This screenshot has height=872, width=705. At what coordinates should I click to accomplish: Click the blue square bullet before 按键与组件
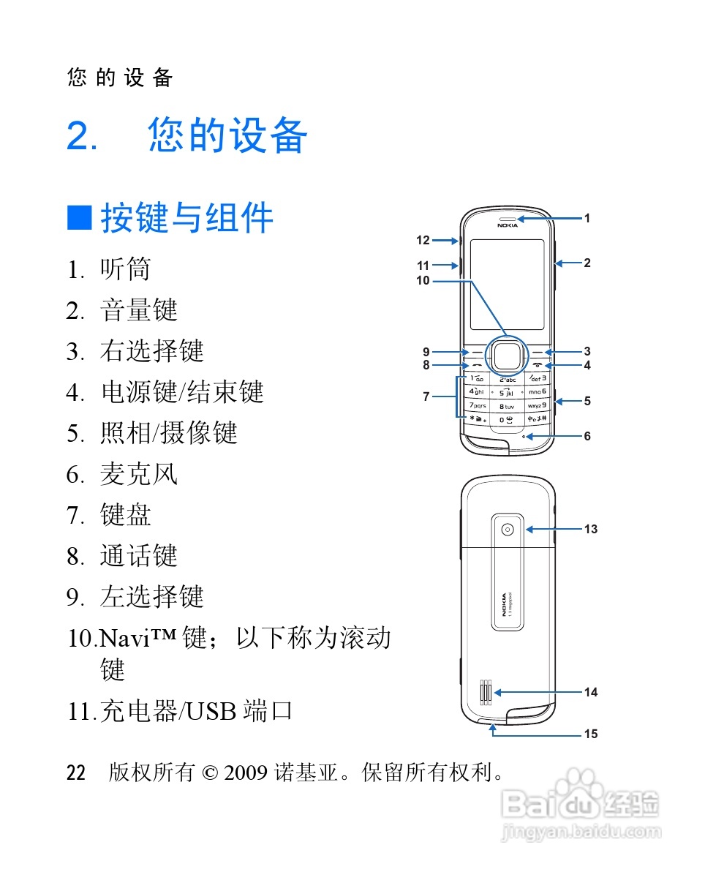80,217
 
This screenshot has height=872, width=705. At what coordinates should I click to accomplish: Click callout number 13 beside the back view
590,529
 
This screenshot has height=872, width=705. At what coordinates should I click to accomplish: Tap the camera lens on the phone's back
508,529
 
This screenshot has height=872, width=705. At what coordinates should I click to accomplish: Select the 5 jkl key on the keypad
507,392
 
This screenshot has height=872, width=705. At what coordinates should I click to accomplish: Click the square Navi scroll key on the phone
506,355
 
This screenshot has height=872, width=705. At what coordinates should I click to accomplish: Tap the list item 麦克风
139,474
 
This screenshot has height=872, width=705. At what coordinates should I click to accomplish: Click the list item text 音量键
139,310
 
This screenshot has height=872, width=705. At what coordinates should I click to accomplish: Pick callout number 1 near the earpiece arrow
587,218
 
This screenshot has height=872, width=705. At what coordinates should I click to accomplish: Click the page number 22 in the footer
76,773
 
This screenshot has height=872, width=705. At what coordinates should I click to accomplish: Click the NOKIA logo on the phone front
507,225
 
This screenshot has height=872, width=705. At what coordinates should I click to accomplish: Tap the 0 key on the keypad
506,419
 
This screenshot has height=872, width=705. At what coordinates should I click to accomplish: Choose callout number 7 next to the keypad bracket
426,397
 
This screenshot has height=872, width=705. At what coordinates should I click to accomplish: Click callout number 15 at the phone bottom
590,734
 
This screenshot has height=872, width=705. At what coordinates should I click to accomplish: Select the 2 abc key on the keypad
507,379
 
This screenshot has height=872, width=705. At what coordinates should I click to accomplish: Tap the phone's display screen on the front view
507,284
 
